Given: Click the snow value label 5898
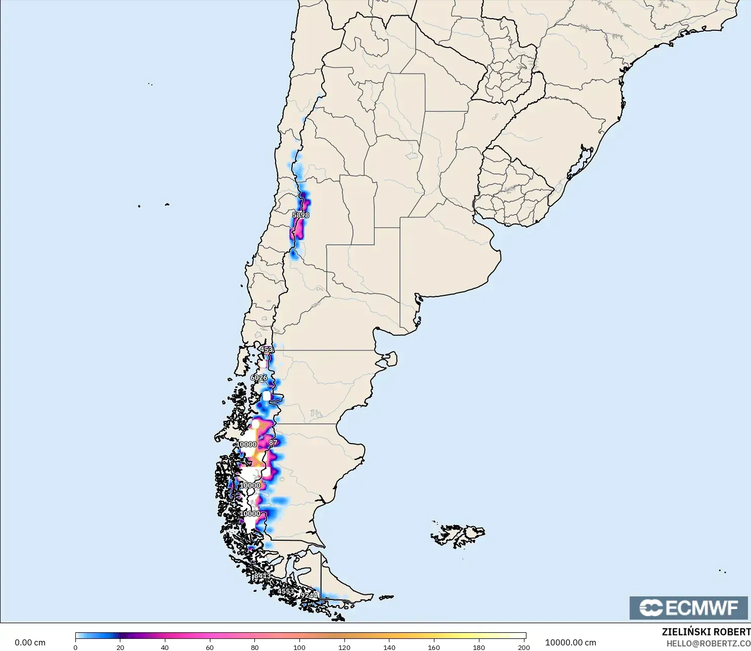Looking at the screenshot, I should (300, 215).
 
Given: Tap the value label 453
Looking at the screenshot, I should (266, 350).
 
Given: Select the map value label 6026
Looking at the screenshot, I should (258, 378).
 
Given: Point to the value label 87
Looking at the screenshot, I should (273, 443).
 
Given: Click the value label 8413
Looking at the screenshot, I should (262, 576).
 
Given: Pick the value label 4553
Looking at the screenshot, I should (286, 591).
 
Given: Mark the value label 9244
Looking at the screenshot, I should (309, 595).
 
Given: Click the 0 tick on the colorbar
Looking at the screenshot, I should (75, 647).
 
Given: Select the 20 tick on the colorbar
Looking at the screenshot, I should (120, 647).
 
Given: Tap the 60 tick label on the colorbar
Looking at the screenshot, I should (210, 647).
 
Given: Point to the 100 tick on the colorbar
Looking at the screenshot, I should (299, 647).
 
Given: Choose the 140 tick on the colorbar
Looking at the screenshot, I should (389, 647).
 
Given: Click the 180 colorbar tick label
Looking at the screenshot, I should (478, 647).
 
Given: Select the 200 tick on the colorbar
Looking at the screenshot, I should (524, 647).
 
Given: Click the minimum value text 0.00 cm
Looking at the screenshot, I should (30, 642).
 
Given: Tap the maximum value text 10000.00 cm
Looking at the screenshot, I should (570, 642).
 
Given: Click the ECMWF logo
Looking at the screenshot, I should (688, 607).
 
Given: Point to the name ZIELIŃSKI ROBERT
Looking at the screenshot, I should (706, 632).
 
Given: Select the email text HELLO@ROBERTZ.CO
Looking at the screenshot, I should (708, 643).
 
